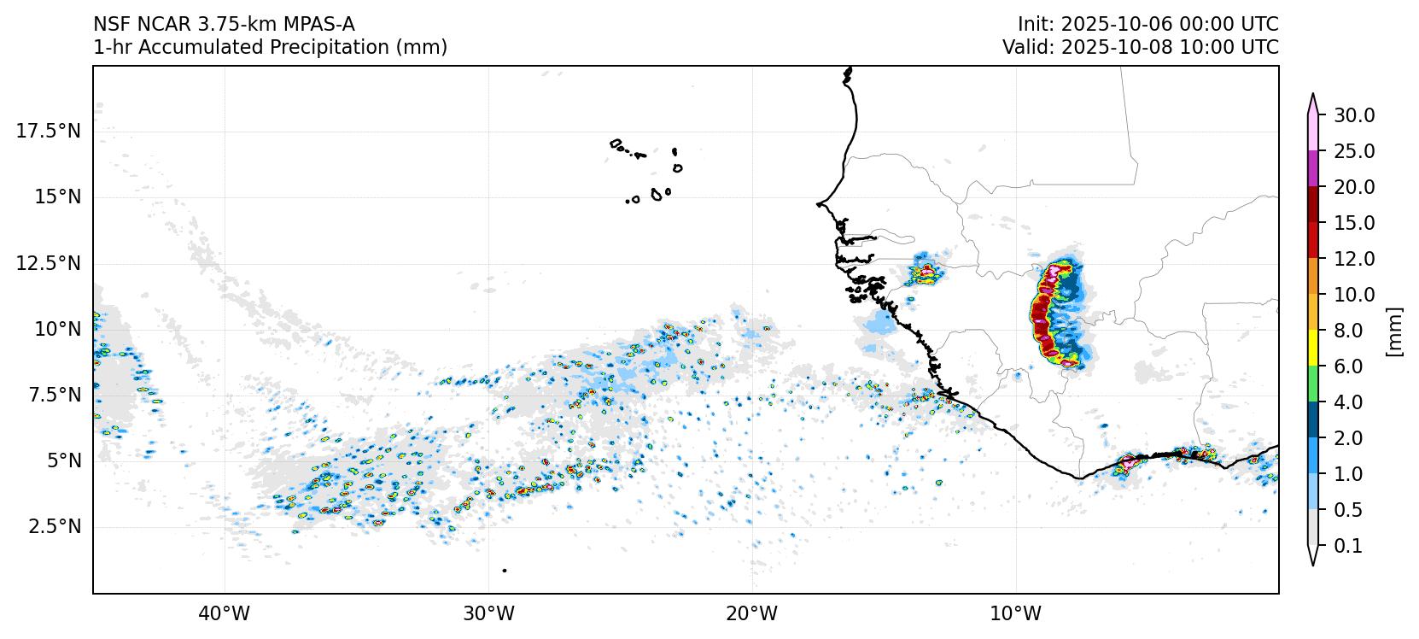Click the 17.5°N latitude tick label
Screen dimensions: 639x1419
[x=49, y=131]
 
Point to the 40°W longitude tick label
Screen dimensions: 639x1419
[x=225, y=613]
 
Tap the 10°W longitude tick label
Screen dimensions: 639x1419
[x=1016, y=613]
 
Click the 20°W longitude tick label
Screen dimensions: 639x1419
[x=752, y=613]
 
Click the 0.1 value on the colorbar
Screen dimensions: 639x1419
[x=1348, y=546]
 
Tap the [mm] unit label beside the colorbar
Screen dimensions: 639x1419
[x=1394, y=331]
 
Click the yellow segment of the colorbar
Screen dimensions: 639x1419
[x=1313, y=349]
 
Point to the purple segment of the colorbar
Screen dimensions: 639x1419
[x=1313, y=169]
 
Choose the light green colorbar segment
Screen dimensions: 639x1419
[x=1313, y=384]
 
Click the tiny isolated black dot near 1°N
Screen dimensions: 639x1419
[x=505, y=570]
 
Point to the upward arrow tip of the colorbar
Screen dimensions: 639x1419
[x=1313, y=97]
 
